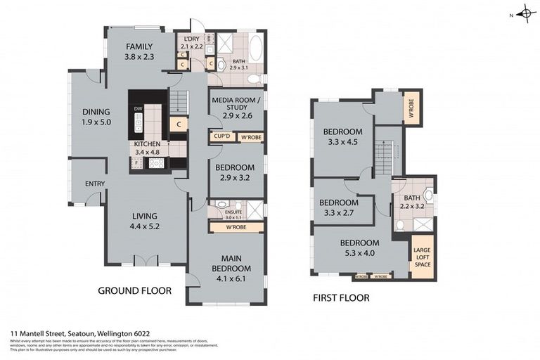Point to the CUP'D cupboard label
[x=222, y=136]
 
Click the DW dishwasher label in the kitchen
[x=139, y=108]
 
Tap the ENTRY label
[x=95, y=184]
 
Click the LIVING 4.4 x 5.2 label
[x=143, y=221]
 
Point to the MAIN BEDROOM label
[x=231, y=263]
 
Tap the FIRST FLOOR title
[x=340, y=297]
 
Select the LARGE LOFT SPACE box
[x=421, y=258]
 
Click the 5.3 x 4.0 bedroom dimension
[x=359, y=254]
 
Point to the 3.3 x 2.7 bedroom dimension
[x=339, y=213]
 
